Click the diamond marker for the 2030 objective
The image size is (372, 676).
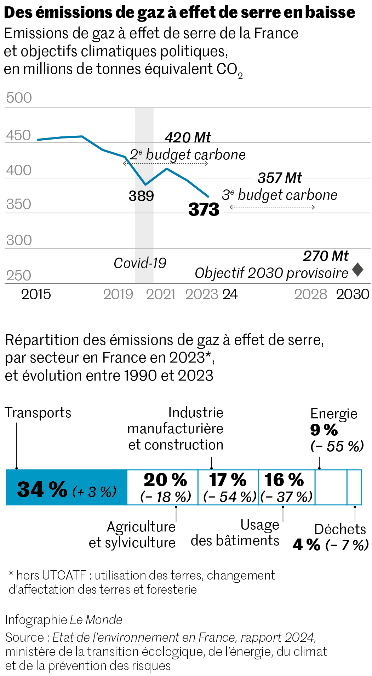click(x=357, y=270)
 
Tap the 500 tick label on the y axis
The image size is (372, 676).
click(x=19, y=98)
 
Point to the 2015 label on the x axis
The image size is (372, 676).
click(x=36, y=294)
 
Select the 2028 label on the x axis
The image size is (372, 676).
click(x=310, y=294)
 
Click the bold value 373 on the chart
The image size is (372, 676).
click(x=204, y=210)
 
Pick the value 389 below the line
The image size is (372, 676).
click(x=141, y=196)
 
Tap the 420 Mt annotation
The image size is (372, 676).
click(x=188, y=137)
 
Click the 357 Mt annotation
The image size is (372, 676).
click(x=280, y=178)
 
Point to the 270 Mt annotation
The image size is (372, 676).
click(x=326, y=256)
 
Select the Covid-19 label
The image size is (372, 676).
click(x=140, y=263)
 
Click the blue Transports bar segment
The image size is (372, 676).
click(x=67, y=487)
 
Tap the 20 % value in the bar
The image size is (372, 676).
click(x=165, y=480)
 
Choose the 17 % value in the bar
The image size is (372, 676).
click(x=228, y=480)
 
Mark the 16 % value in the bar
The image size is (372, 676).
click(x=284, y=480)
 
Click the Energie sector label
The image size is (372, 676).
click(x=334, y=414)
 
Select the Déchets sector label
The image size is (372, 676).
click(x=340, y=529)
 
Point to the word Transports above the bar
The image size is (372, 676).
click(x=38, y=413)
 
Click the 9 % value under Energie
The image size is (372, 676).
click(x=324, y=430)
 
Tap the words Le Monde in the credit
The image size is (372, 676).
click(x=96, y=619)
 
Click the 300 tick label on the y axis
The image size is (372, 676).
click(x=19, y=240)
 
